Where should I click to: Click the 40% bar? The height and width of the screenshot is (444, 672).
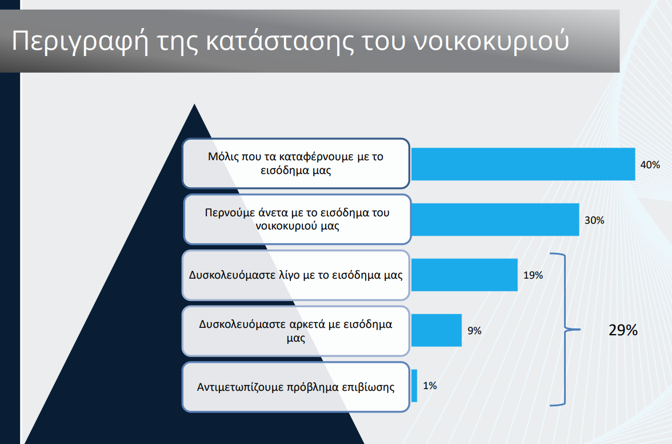tap(523, 164)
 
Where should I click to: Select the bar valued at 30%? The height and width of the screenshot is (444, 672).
tap(495, 220)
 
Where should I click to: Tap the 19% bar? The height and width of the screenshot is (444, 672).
tap(465, 275)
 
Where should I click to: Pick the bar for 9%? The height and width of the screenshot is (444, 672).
tap(437, 330)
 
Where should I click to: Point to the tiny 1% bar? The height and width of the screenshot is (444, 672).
tap(414, 386)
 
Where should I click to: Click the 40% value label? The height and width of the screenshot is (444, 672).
tap(650, 165)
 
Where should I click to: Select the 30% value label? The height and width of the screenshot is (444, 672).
tap(594, 220)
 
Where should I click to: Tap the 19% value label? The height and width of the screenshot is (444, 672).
tap(533, 275)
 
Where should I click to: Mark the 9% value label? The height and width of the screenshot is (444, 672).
tap(474, 331)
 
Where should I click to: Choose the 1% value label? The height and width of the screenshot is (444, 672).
tap(430, 386)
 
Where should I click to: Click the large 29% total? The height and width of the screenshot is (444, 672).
tap(623, 330)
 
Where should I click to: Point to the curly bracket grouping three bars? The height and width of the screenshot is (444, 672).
tap(565, 330)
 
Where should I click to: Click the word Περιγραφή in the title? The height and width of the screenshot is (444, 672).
tap(80, 42)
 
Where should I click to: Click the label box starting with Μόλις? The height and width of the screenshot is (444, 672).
tap(296, 164)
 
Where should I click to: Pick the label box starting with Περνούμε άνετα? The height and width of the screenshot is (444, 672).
tap(297, 219)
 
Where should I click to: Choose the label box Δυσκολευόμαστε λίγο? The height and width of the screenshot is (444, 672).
tap(296, 275)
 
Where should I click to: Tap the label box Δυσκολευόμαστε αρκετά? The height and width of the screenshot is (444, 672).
tap(296, 331)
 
